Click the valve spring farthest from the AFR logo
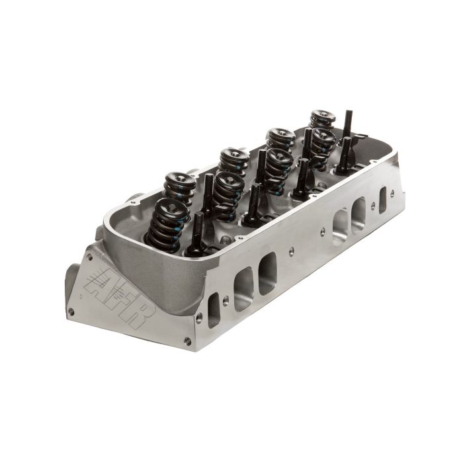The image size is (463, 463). [x=322, y=120]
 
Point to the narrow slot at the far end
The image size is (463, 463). [x=383, y=200]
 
